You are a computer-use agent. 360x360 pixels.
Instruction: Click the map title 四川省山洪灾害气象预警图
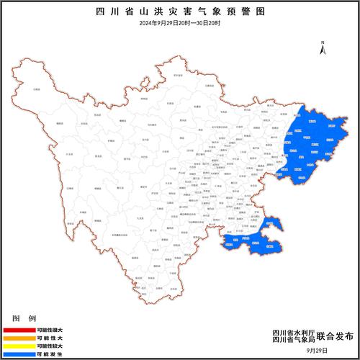[x=180, y=13]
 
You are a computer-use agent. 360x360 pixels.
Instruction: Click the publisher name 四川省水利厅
[x=291, y=331]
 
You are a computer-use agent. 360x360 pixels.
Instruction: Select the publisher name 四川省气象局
[x=291, y=340]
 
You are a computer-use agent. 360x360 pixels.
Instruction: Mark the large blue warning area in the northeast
[x=311, y=144]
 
